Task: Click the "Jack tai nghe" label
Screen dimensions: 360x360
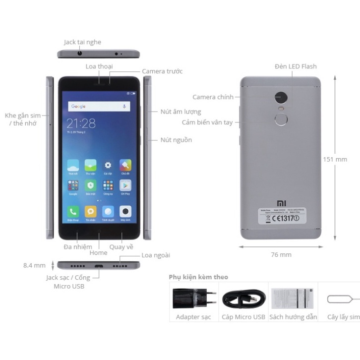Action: (x=82, y=42)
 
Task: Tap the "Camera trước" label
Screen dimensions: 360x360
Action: (x=162, y=71)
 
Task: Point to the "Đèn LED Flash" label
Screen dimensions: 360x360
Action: (x=296, y=66)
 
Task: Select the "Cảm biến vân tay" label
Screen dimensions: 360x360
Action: (x=207, y=122)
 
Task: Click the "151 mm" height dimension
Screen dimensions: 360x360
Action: (x=349, y=159)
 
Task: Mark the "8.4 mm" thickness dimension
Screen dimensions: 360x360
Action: (x=34, y=265)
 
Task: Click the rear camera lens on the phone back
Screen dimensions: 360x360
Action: (x=281, y=97)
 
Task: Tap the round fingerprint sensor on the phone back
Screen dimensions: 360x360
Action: (x=281, y=120)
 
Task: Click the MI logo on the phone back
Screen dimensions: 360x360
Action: (x=281, y=203)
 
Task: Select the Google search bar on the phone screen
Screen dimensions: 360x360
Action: (x=99, y=106)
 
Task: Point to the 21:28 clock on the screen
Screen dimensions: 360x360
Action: (x=81, y=123)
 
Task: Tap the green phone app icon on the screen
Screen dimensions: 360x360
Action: (x=73, y=212)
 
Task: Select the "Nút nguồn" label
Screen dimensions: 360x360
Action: (x=176, y=140)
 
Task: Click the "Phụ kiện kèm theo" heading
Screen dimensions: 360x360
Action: (x=198, y=277)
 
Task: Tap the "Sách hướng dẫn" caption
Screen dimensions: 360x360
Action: (x=293, y=317)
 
